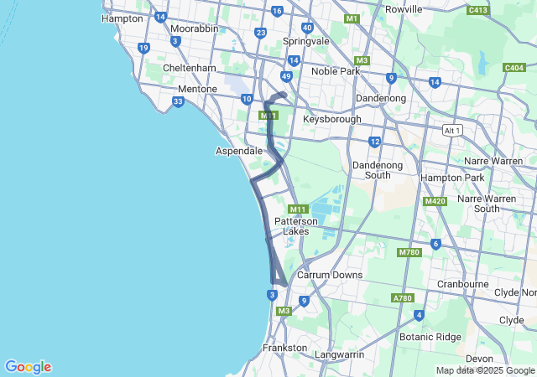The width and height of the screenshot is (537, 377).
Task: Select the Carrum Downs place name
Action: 330,275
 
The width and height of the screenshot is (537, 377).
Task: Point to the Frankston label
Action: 284,347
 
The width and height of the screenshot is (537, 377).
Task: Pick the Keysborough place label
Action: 332,119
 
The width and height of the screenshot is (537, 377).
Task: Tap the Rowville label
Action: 404,9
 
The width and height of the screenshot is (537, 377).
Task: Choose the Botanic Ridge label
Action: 430,336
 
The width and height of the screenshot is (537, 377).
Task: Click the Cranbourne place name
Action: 463,284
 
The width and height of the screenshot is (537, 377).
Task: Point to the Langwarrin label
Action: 339,354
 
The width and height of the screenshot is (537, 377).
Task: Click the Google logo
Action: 28,367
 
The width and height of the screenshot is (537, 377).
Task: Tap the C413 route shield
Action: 478,10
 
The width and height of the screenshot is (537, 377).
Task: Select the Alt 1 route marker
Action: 452,131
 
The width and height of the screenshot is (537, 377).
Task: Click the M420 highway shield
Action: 435,202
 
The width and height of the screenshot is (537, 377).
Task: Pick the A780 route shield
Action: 402,298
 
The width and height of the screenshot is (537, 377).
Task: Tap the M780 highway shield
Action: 409,252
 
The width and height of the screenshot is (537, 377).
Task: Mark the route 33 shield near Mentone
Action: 178,102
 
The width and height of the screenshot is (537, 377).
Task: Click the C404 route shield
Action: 514,67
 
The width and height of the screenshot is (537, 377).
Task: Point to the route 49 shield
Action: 286,76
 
